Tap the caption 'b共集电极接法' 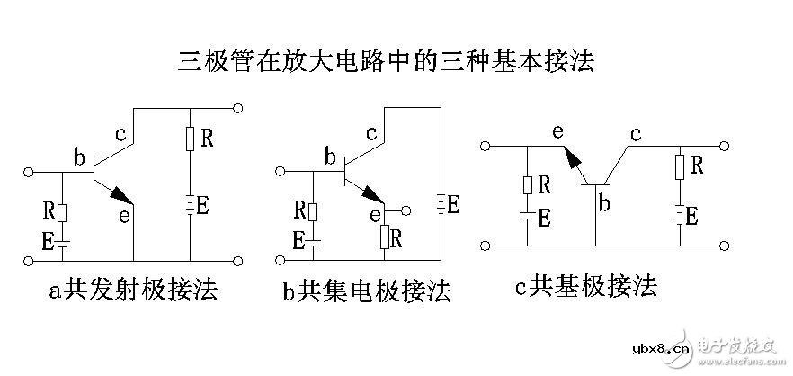click(364, 291)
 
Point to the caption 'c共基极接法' click(585, 286)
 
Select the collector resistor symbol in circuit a click(191, 139)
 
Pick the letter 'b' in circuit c click(605, 205)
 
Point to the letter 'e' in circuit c click(557, 132)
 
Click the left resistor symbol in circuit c click(527, 184)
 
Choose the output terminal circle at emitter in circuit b click(406, 210)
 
